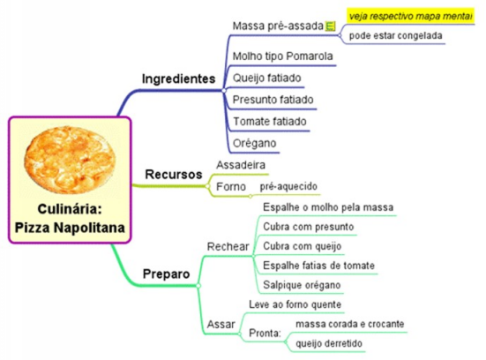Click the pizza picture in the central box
click(70, 160)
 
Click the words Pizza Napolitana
click(70, 228)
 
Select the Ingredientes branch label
click(178, 79)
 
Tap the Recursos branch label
click(174, 174)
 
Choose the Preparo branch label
click(166, 274)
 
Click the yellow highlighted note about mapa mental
click(411, 16)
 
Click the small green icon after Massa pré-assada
click(330, 26)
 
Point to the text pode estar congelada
click(395, 35)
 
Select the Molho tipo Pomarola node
click(282, 56)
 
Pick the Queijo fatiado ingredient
click(267, 78)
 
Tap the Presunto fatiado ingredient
click(273, 100)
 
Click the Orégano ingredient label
click(255, 143)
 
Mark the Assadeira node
click(241, 165)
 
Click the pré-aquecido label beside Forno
click(288, 186)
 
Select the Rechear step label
click(228, 246)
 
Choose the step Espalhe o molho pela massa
click(328, 207)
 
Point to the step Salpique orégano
click(302, 285)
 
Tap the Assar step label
click(221, 325)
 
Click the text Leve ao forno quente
click(295, 304)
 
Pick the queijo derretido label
click(329, 343)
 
